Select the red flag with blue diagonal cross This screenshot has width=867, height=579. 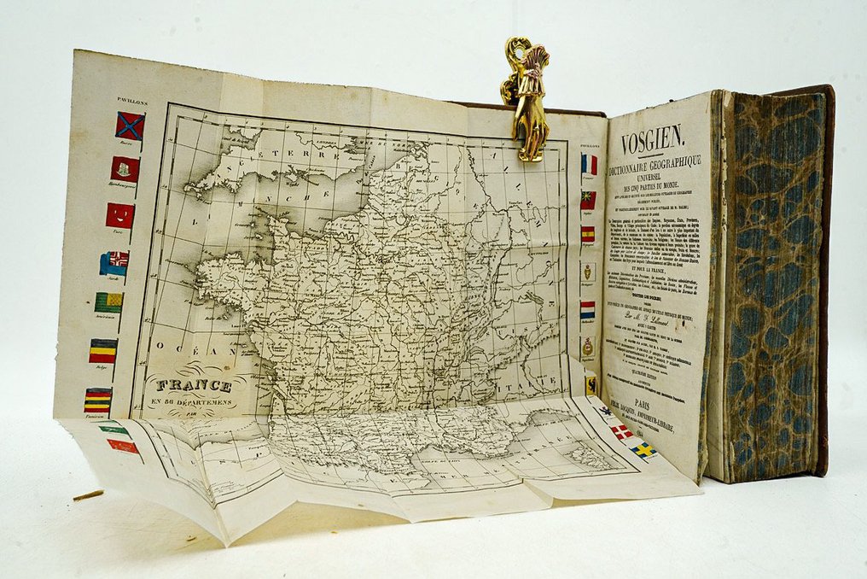tap(130, 126)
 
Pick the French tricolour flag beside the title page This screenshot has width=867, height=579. tap(589, 163)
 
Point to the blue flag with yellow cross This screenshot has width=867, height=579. tap(643, 449)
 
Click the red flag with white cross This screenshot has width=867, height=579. tap(621, 430)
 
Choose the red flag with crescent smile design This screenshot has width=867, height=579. tap(119, 215)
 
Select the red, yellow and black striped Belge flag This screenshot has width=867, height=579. tap(103, 350)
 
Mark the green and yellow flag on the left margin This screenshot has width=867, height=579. tap(108, 301)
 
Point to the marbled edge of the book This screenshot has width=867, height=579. tap(771, 282)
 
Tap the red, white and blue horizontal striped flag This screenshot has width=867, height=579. tap(588, 309)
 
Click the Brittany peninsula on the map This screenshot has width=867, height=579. tap(226, 274)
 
